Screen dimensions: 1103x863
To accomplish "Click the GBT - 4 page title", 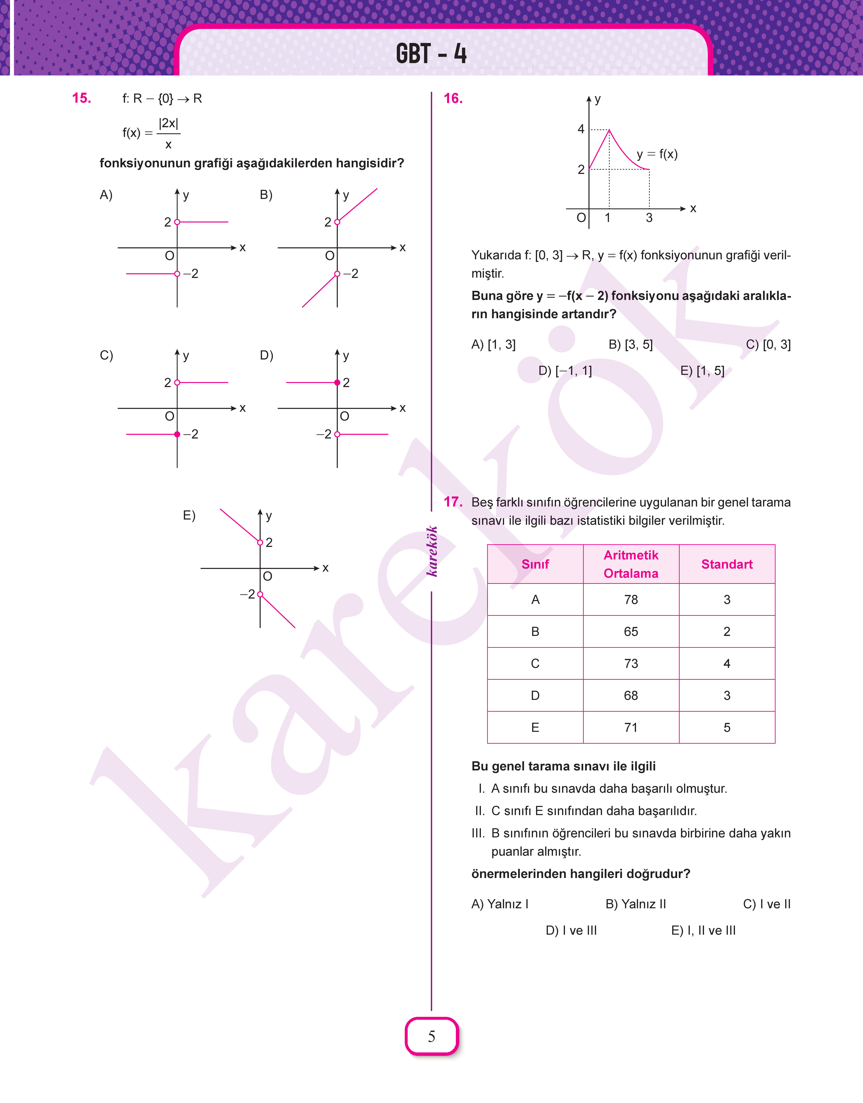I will [431, 54].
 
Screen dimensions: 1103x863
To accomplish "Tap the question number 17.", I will [453, 502].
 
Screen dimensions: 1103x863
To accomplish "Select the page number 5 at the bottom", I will [431, 1036].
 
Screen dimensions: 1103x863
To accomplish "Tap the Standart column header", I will [726, 564].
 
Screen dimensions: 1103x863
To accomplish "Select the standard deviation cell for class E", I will [726, 728].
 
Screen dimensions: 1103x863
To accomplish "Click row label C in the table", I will [535, 663].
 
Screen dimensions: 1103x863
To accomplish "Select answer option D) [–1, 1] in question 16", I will [565, 371].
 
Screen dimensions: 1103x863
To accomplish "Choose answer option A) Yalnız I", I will [500, 904].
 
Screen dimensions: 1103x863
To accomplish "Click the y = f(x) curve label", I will [657, 154].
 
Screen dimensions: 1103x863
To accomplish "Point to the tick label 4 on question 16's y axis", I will [581, 129].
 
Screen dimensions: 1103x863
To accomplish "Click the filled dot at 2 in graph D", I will [337, 382].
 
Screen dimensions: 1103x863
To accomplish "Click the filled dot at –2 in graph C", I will [177, 434].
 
